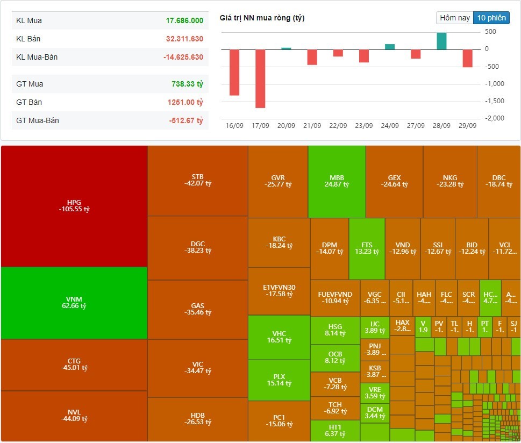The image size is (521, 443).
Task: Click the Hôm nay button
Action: coord(455,18)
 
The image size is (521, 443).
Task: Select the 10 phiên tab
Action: coord(491,18)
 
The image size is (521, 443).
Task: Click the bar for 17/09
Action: coord(260,78)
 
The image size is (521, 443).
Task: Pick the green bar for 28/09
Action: coord(441,41)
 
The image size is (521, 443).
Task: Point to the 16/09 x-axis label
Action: coord(234,126)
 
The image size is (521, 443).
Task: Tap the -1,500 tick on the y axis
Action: coord(495,101)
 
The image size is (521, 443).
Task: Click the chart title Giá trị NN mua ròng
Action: coord(262,18)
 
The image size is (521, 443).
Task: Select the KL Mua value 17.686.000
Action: coord(184,20)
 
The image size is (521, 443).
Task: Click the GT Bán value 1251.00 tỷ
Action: coord(185,102)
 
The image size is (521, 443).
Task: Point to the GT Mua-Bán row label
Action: coord(38,120)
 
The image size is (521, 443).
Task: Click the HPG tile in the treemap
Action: coord(74,206)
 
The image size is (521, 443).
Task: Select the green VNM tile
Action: coord(74,303)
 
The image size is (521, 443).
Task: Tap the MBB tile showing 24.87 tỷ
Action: coord(337,181)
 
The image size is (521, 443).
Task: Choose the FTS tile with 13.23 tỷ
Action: coord(367,248)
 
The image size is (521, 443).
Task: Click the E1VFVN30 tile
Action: coord(279,290)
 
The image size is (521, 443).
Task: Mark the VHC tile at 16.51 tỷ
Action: coord(279,337)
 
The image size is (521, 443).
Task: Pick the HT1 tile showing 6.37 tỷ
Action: coord(335,430)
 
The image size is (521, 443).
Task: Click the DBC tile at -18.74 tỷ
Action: coord(498,181)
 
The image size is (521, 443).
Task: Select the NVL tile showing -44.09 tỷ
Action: coord(74,416)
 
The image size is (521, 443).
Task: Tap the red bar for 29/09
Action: coord(467,59)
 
